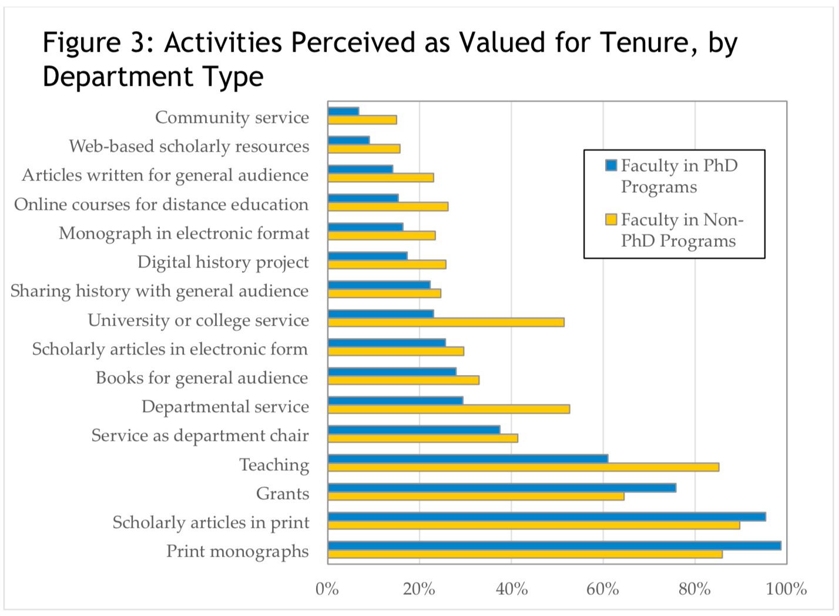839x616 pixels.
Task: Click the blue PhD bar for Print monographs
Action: (554, 545)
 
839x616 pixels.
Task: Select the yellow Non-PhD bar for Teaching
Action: (523, 467)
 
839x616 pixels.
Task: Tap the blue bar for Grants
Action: (502, 488)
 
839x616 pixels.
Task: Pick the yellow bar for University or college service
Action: (446, 322)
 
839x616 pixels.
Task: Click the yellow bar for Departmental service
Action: (448, 409)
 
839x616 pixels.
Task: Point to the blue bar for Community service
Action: (343, 111)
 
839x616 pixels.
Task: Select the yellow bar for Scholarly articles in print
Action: (533, 525)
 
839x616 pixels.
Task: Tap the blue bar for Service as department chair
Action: (414, 430)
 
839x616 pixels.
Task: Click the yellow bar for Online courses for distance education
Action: (388, 206)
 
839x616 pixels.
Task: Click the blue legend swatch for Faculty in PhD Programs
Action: (611, 166)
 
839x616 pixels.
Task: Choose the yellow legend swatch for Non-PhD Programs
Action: (611, 220)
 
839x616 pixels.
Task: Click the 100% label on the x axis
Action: (786, 588)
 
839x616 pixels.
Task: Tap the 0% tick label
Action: (327, 588)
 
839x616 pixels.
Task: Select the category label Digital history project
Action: (223, 262)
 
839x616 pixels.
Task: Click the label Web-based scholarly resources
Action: (189, 146)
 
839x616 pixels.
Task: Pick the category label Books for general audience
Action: (202, 378)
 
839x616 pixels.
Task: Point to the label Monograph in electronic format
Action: (183, 233)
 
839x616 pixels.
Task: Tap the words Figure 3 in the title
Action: (94, 42)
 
